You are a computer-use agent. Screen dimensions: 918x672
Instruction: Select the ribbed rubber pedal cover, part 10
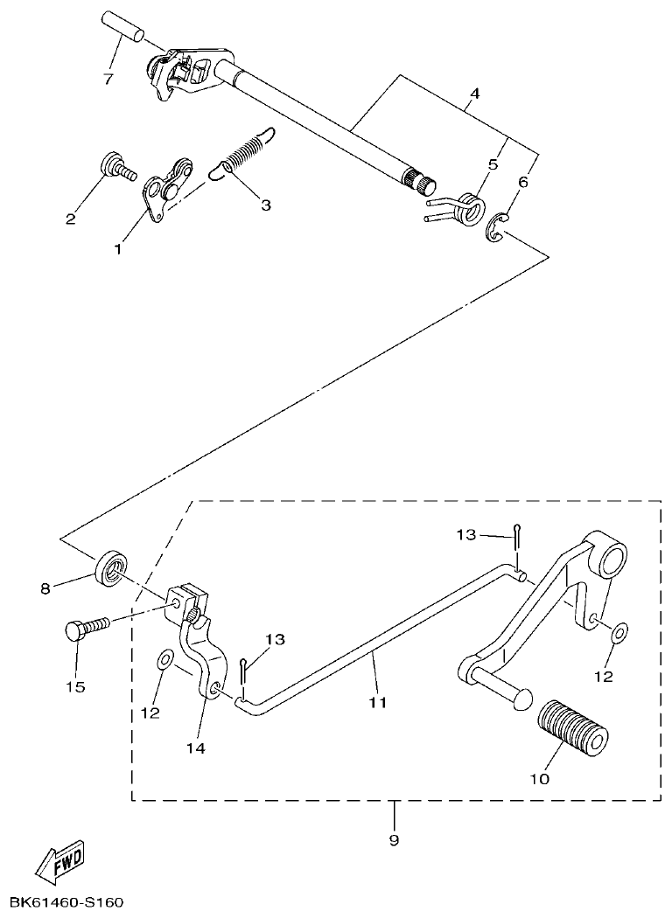(568, 727)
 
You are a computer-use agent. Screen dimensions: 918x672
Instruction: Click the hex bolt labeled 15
(86, 627)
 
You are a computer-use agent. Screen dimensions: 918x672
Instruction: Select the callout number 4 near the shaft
(473, 93)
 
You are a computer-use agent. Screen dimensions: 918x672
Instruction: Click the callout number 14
(196, 748)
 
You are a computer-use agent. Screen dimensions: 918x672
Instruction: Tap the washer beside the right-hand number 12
(618, 632)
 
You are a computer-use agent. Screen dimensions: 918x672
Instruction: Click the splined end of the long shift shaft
(425, 184)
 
